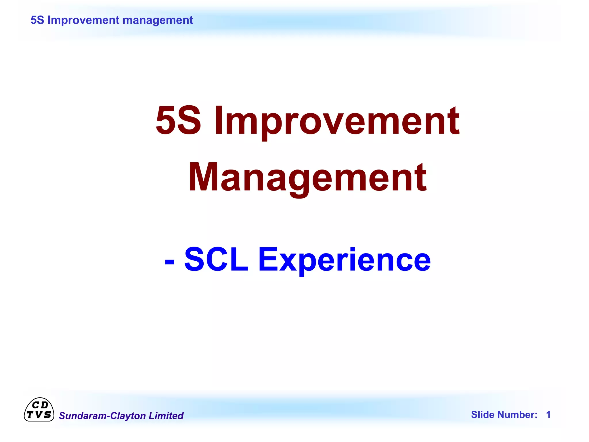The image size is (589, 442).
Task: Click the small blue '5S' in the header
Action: pos(37,20)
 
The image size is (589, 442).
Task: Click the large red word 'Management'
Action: pos(307,178)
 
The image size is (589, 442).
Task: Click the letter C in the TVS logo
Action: pos(35,405)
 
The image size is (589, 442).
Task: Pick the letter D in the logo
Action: pos(44,405)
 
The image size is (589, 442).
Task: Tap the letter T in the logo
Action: pos(30,415)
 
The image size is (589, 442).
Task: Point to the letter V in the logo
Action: pos(39,415)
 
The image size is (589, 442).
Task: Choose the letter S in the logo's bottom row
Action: pos(47,415)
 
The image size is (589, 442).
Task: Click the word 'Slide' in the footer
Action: pos(483,415)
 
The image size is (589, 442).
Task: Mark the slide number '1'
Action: pos(548,415)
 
